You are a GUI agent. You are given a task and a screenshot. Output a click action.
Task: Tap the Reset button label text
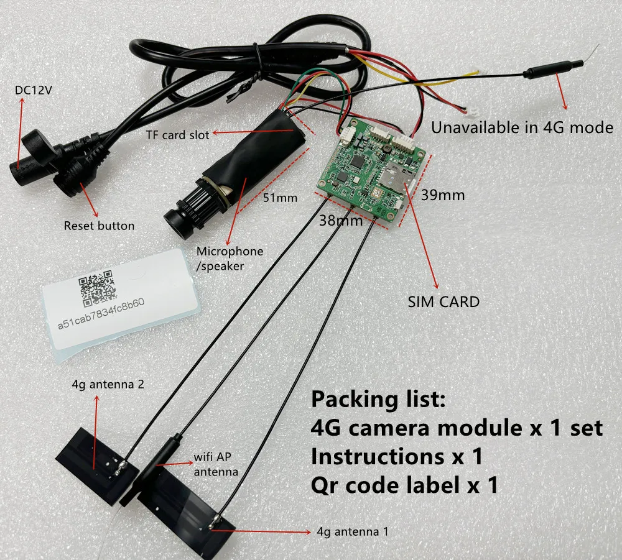[99, 225]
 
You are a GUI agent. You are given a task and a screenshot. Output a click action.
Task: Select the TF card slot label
[177, 134]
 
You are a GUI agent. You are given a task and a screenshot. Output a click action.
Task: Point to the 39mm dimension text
[443, 195]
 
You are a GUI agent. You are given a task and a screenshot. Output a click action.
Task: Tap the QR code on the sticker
[97, 287]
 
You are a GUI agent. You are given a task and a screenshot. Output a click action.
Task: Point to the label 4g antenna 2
[108, 385]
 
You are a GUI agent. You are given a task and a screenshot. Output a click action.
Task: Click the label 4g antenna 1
[355, 531]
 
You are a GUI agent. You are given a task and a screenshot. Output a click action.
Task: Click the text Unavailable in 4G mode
[522, 128]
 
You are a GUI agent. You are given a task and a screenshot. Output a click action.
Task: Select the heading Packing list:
[378, 400]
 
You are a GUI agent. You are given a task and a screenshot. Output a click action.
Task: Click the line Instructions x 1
[397, 457]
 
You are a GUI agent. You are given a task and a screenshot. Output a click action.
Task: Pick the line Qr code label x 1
[404, 485]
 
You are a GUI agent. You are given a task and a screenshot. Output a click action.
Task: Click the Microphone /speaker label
[230, 257]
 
